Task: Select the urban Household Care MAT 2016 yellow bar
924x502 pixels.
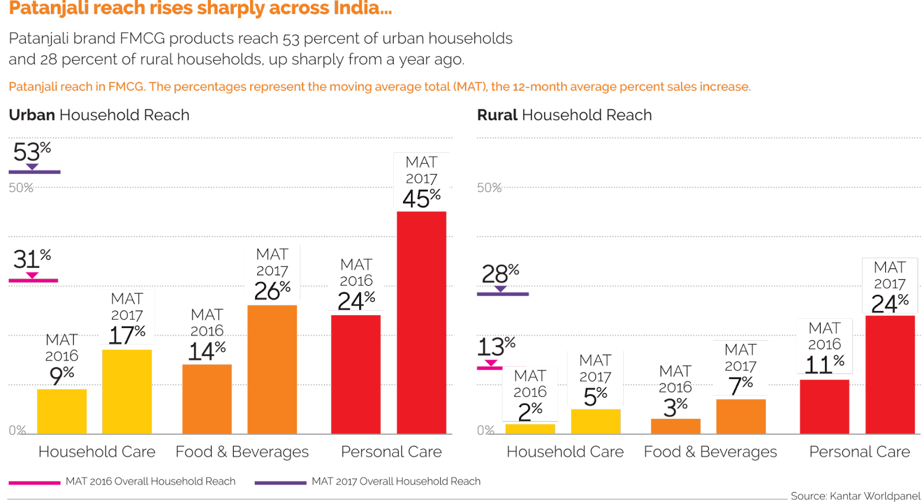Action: [x=62, y=411]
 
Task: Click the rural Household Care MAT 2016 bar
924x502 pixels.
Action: [x=530, y=429]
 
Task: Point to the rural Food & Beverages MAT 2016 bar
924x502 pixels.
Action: [x=676, y=426]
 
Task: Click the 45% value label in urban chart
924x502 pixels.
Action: [x=421, y=198]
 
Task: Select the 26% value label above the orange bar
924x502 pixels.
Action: [x=272, y=290]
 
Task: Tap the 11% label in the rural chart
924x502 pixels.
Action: [x=824, y=364]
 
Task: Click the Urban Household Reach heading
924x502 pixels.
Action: [x=99, y=115]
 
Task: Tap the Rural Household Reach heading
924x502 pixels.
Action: [x=564, y=115]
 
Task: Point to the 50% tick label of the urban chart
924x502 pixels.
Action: [x=21, y=187]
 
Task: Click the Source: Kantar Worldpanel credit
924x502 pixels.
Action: [x=855, y=496]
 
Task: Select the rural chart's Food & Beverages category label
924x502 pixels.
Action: [x=710, y=452]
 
